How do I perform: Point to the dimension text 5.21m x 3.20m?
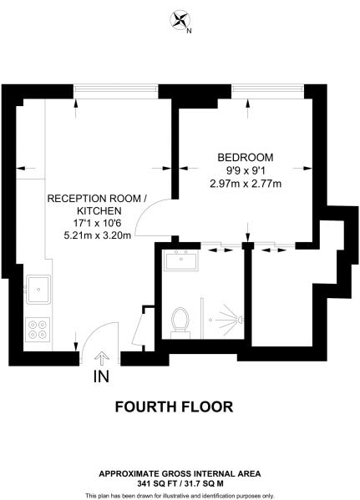click(x=97, y=237)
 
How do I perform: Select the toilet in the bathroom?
click(x=178, y=319)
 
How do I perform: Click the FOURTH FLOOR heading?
click(x=173, y=407)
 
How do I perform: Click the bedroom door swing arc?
click(x=152, y=219)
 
